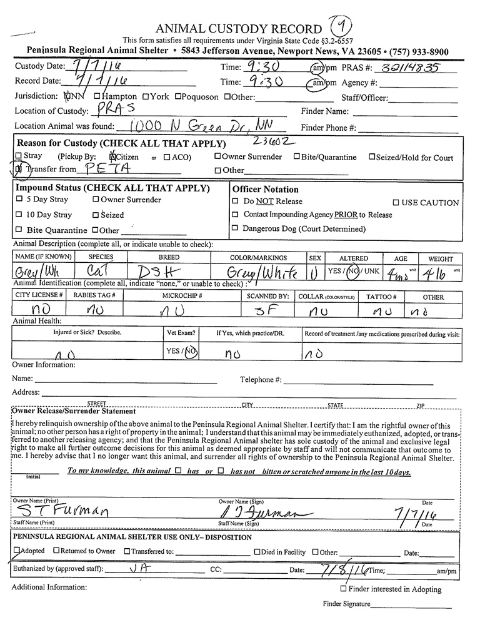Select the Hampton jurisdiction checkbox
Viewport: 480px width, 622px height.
[97, 97]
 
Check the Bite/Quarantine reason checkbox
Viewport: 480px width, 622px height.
[297, 157]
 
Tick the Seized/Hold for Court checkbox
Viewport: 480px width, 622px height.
[372, 157]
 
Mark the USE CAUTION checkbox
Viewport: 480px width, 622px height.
[396, 203]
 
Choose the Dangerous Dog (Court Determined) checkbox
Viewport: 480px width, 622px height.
[235, 228]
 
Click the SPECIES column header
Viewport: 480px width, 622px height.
[101, 258]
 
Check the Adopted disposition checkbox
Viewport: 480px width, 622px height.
[16, 551]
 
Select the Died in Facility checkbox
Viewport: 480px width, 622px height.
[257, 552]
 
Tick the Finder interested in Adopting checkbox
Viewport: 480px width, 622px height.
[343, 589]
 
